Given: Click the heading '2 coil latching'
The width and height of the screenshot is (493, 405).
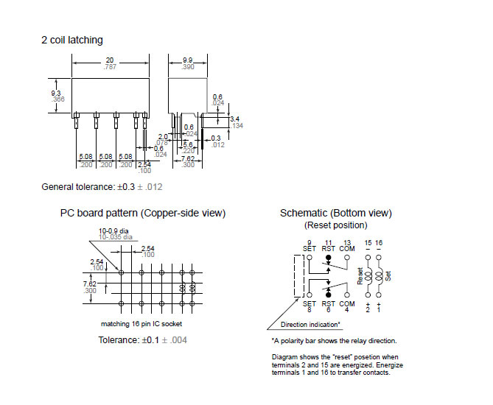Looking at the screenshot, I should click(x=72, y=40).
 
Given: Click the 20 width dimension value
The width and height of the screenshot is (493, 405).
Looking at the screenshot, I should click(x=110, y=60).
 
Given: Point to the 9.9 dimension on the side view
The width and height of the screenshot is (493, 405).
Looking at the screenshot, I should click(x=187, y=60).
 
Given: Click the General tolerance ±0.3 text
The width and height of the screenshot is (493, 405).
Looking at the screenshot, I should click(x=101, y=187).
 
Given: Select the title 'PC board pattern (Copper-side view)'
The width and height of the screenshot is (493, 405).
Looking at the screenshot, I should click(x=143, y=214).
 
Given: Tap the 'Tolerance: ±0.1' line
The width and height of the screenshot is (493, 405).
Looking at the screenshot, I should click(x=142, y=339).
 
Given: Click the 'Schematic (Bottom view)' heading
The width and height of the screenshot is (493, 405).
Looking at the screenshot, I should click(x=335, y=214).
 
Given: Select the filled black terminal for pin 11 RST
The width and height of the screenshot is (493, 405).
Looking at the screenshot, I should click(x=329, y=258).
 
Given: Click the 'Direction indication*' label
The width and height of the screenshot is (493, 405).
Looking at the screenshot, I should click(x=310, y=325).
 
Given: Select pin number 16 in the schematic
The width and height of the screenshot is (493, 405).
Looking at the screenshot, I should click(x=379, y=243).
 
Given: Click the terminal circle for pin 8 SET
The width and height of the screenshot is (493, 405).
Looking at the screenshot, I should click(x=310, y=294).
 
